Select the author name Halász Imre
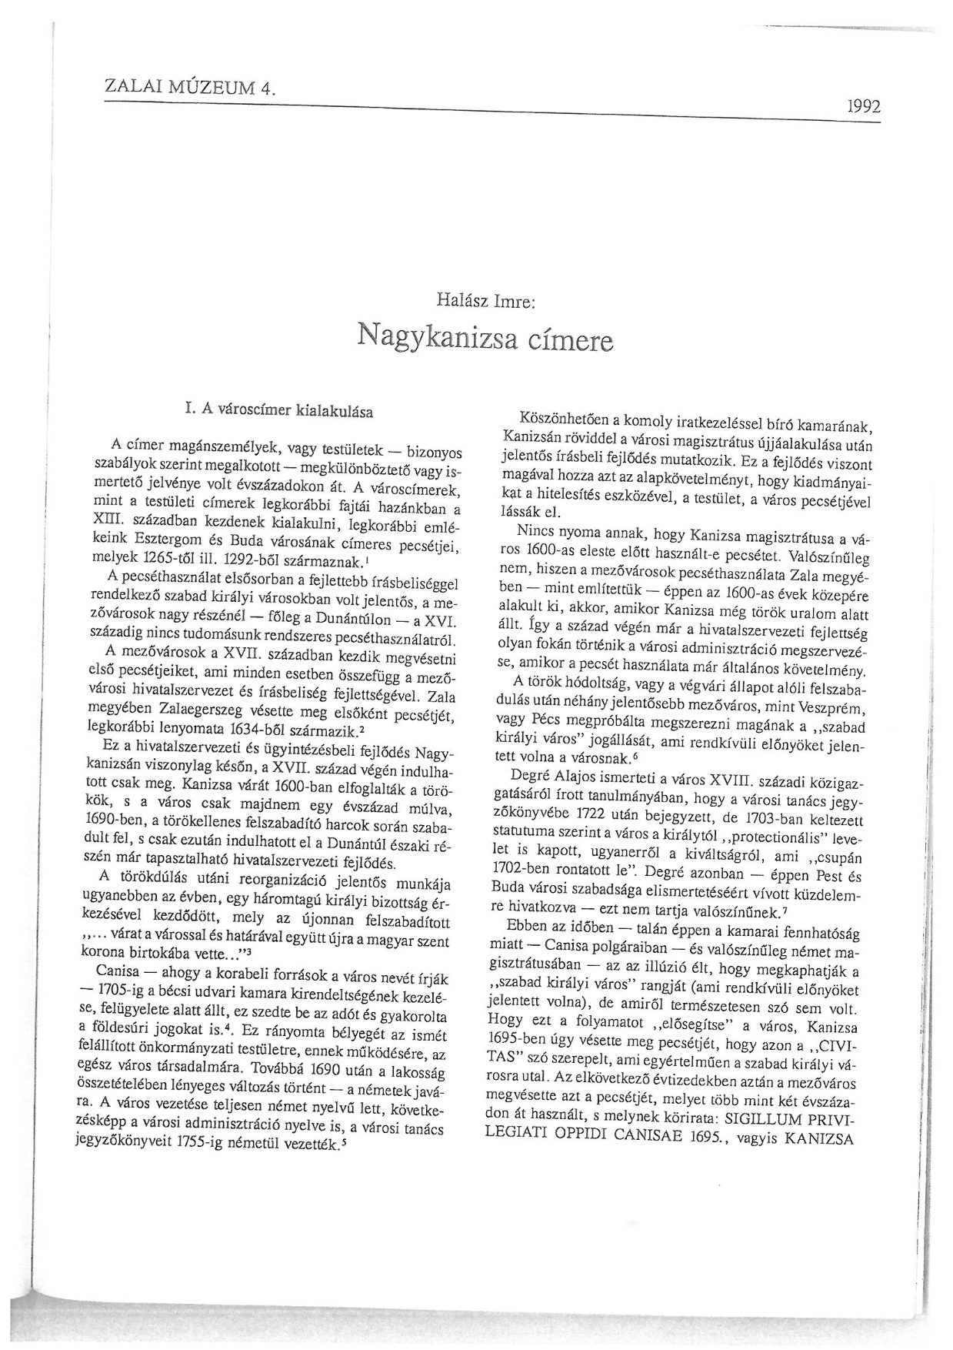[x=485, y=302]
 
